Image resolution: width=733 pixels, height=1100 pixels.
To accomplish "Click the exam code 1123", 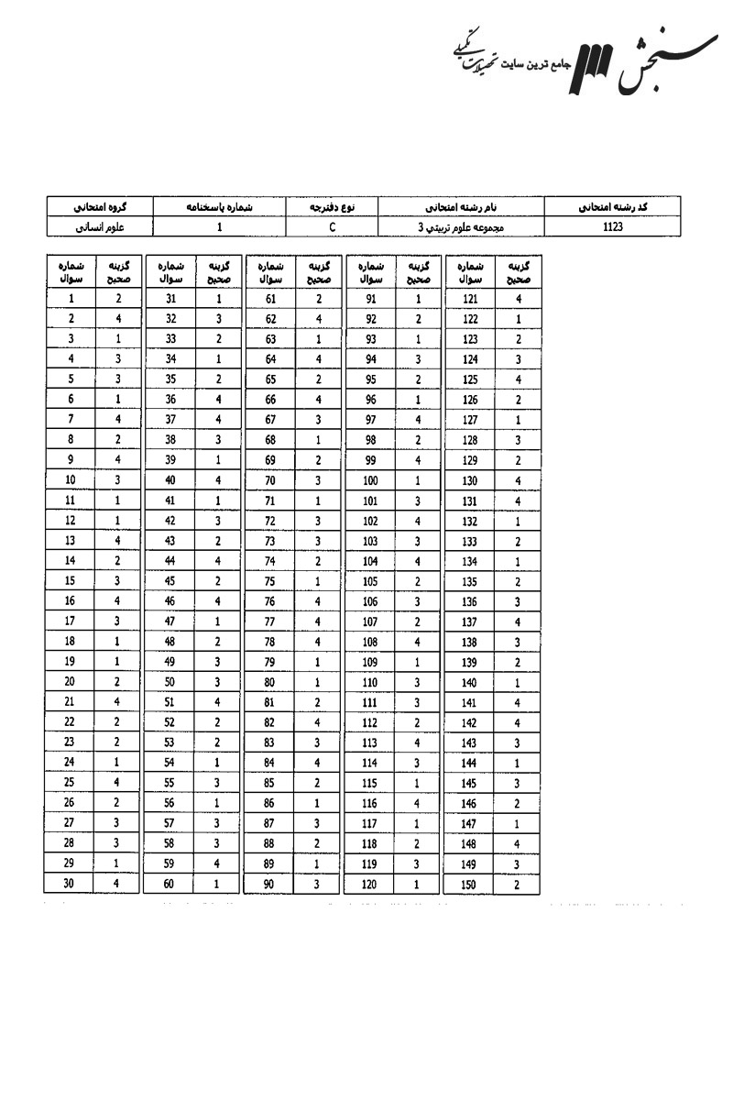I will click(x=613, y=225).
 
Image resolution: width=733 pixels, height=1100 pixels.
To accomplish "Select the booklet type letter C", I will click(x=332, y=225).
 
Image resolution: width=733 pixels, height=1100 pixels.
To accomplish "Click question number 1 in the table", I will click(x=71, y=298).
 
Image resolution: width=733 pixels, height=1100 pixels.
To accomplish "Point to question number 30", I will click(x=71, y=884).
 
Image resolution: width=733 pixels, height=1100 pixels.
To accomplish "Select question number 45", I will click(x=169, y=581).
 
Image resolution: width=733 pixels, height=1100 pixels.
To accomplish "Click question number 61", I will click(x=270, y=298).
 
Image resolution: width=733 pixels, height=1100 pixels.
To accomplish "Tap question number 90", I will click(x=270, y=884).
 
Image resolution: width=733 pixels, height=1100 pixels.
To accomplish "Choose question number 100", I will click(x=370, y=480).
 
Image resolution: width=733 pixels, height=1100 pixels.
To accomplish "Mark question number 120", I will click(x=370, y=884).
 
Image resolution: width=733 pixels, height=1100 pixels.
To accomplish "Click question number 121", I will click(x=470, y=298).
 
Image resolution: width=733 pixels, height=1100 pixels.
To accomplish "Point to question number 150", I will click(x=470, y=884).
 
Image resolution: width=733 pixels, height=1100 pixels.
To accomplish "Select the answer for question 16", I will click(x=118, y=601).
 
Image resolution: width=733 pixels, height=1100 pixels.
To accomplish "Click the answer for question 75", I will click(x=318, y=581).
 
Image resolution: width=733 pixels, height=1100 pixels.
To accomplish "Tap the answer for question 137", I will click(x=518, y=621).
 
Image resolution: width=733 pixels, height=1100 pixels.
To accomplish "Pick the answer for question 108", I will click(x=418, y=642).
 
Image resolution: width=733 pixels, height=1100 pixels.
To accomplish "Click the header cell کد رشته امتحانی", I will click(x=613, y=205).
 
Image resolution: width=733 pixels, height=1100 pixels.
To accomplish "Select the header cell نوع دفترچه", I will click(x=332, y=205).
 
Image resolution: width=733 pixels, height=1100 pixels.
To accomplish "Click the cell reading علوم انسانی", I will click(x=99, y=225).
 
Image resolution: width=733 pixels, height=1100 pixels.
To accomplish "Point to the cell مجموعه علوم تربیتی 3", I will click(x=460, y=225).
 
